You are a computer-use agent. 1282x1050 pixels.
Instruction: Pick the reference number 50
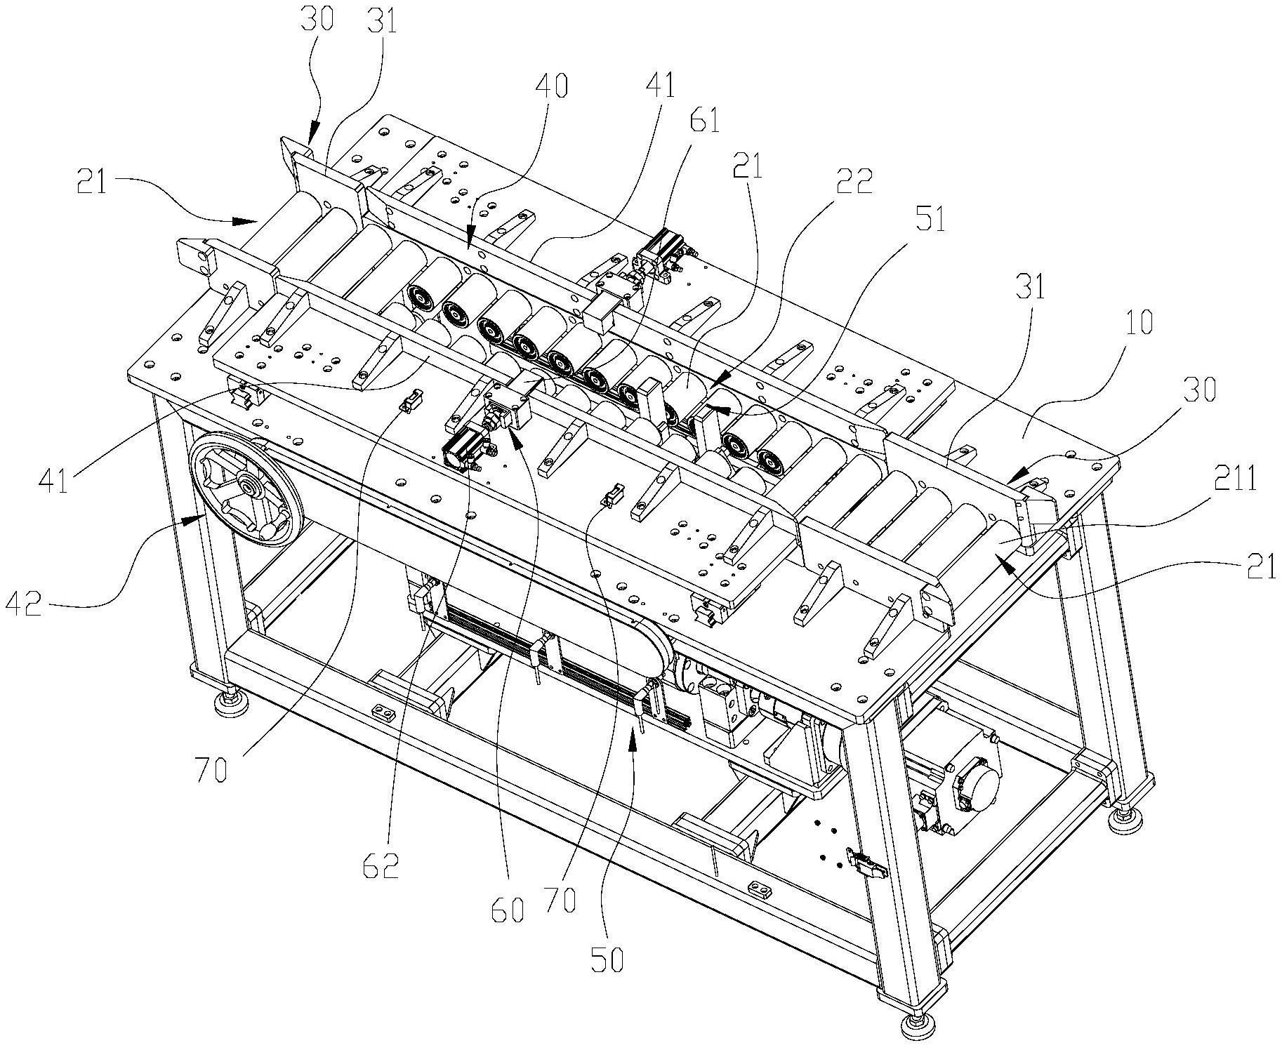coord(607,959)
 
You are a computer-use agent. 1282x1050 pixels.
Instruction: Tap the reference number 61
coord(705,121)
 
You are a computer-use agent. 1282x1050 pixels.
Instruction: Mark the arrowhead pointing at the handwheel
coord(192,519)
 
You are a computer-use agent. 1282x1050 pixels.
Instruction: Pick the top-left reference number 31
coord(382,22)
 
